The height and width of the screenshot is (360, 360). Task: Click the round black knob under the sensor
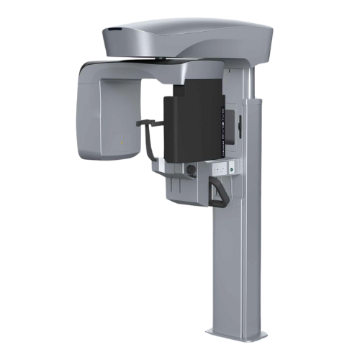pyautogui.click(x=192, y=170)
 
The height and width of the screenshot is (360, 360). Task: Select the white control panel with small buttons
pyautogui.click(x=224, y=168)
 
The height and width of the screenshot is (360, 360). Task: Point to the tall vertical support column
pyautogui.click(x=238, y=259)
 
